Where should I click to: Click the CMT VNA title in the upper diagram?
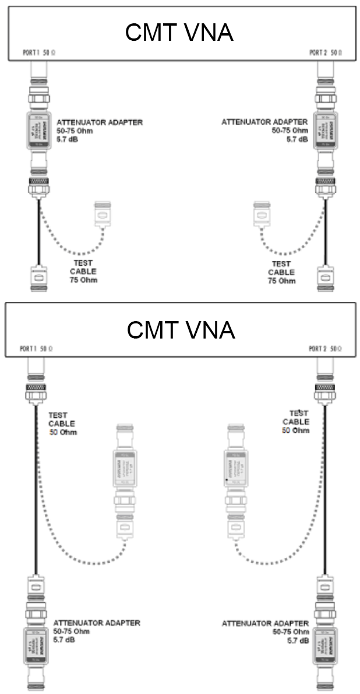(x=179, y=33)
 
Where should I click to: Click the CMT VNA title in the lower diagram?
(x=181, y=330)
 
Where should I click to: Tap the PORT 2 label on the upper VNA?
(x=326, y=52)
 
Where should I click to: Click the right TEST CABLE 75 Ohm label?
(x=281, y=272)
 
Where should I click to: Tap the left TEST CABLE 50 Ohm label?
(x=62, y=424)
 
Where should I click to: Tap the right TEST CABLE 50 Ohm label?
(x=296, y=422)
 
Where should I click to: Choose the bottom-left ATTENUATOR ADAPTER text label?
(x=96, y=631)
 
